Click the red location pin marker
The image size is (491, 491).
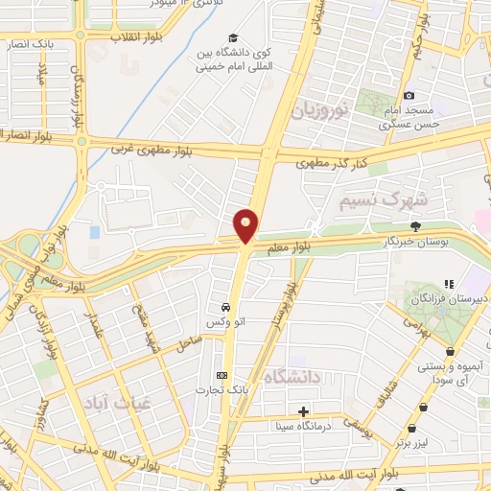point(246,225)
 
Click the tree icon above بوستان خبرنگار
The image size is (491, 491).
point(415,226)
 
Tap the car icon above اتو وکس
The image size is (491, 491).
point(224,308)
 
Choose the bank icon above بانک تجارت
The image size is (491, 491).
point(223,374)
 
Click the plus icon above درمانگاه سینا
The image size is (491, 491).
point(304,410)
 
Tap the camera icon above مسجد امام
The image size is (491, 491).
point(409,95)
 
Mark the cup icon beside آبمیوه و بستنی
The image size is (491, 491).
point(451,351)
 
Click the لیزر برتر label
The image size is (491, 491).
point(418,444)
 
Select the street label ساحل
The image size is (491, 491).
point(187,339)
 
